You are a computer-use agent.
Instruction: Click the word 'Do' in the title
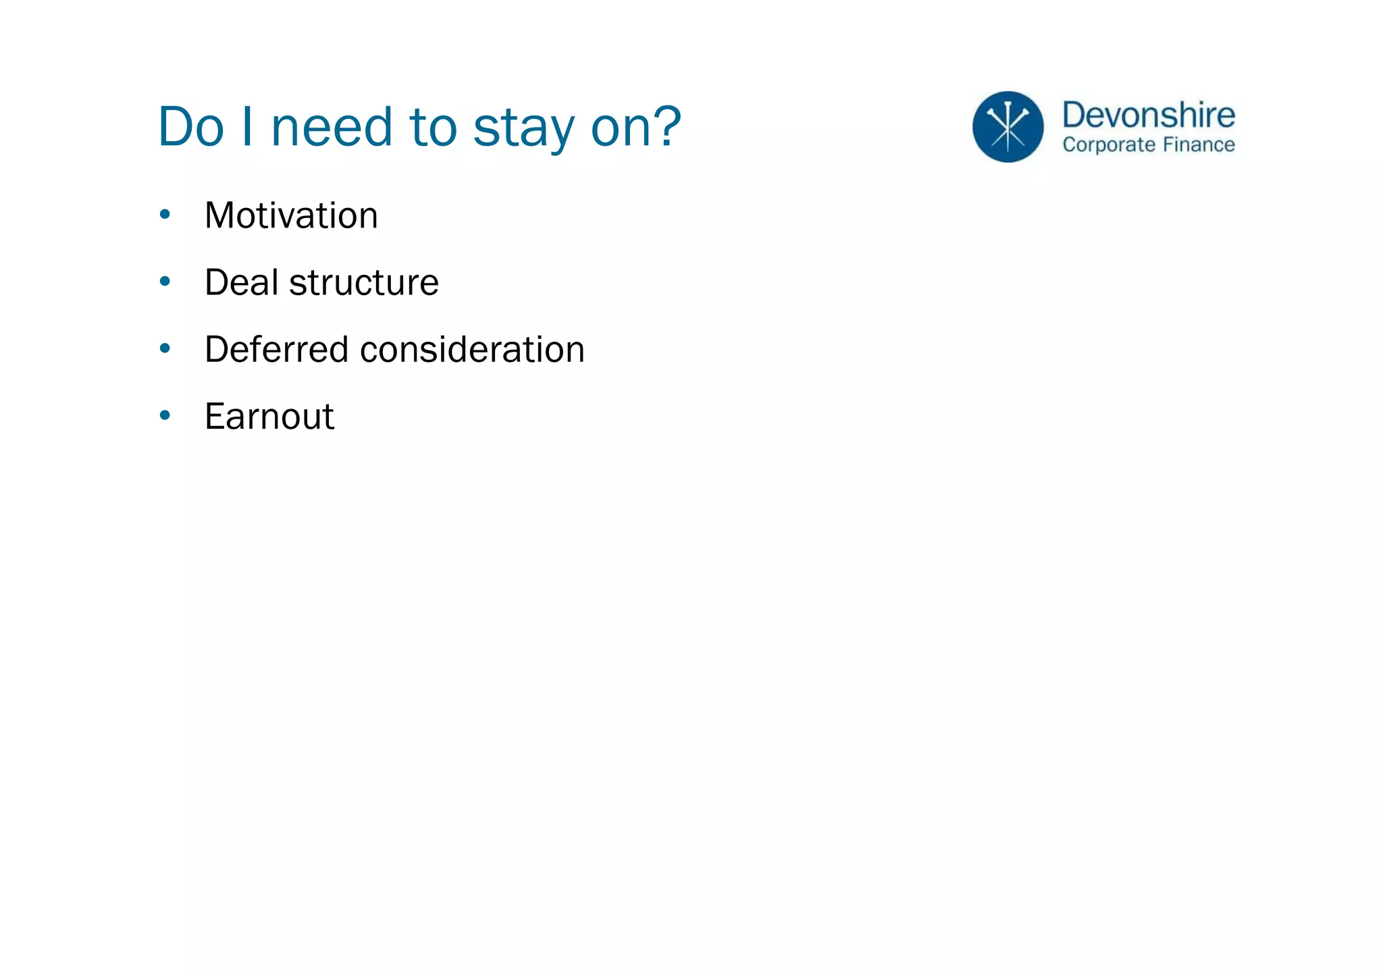tap(190, 127)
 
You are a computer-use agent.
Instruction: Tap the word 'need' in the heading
tap(332, 127)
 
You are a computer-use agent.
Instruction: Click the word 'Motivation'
tap(291, 215)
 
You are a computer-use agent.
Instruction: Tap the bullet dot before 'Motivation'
tap(165, 215)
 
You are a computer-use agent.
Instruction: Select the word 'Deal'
tap(241, 282)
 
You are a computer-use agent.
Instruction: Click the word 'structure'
tap(364, 282)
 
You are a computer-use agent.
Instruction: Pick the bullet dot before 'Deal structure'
tap(165, 281)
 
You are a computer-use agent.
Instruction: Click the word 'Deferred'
tap(276, 349)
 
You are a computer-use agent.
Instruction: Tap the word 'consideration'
tap(472, 349)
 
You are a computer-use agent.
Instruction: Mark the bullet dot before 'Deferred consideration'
tap(165, 348)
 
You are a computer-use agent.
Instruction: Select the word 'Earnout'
tap(269, 416)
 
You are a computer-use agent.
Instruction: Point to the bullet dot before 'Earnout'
tap(165, 415)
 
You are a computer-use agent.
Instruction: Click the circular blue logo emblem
tap(1008, 127)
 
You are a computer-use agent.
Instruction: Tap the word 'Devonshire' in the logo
tap(1149, 115)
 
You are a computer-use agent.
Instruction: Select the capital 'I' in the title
tap(246, 127)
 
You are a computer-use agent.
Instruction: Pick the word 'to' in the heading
tap(433, 127)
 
